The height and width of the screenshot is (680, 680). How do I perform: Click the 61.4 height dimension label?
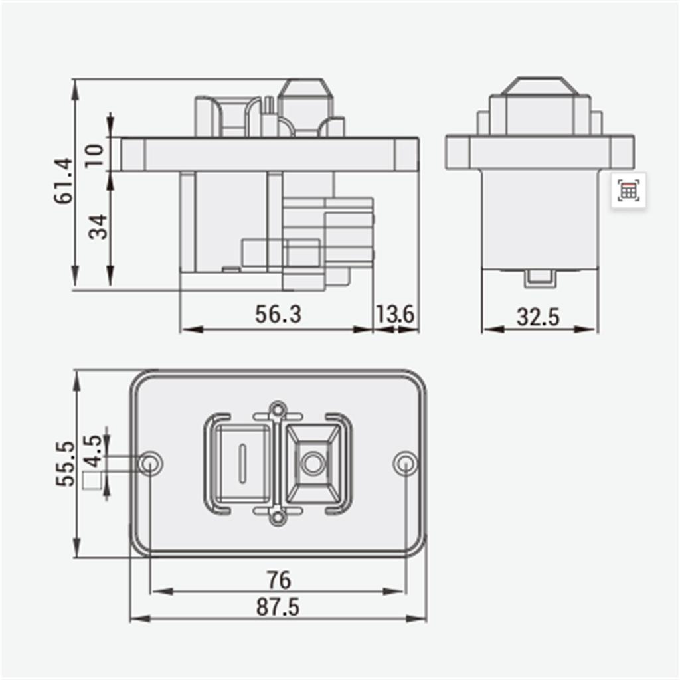point(64,181)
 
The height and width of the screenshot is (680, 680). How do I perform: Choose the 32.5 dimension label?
point(538,317)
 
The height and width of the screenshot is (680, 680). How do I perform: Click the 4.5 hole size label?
point(94,452)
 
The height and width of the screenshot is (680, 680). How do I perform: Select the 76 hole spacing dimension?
point(278,580)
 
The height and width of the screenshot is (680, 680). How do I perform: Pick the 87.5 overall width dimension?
point(278,607)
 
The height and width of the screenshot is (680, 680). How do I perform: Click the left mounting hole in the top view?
point(151,463)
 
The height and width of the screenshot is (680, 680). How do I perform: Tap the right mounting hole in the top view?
point(405,463)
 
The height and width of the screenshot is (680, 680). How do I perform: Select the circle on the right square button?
point(312,462)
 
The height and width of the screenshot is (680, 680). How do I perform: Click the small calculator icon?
point(628,191)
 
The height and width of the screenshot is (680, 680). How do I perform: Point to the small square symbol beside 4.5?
point(93,481)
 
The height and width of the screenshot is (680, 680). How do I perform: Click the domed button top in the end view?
point(539,86)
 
